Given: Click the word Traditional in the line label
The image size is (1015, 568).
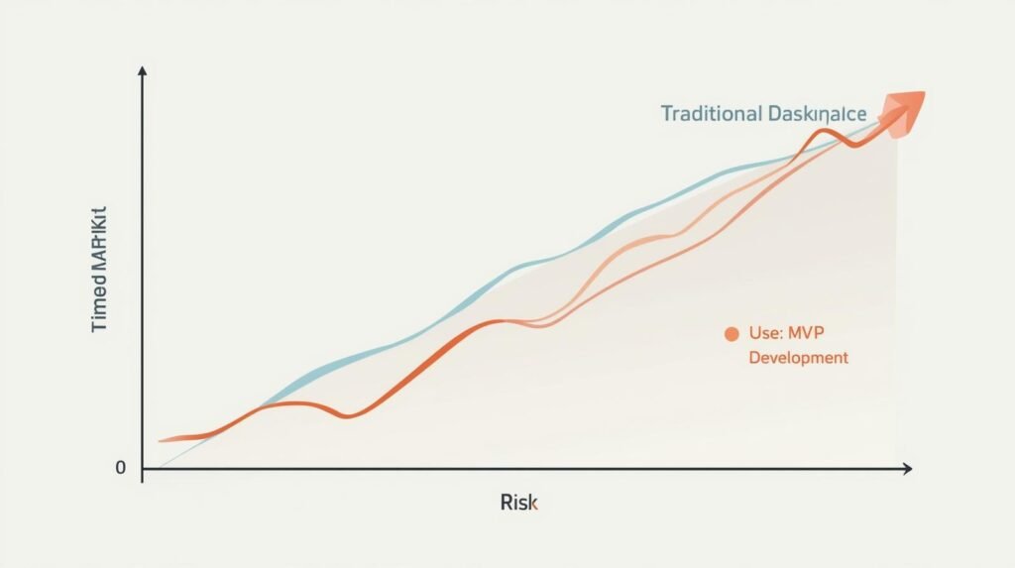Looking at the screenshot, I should coord(711,113).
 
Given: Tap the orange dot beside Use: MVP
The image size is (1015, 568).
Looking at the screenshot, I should coord(732,334).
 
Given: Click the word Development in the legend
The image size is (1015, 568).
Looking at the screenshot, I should coord(798,357).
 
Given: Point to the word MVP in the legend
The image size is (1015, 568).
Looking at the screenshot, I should coord(821,334).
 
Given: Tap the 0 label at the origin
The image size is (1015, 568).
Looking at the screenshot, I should coord(121,468).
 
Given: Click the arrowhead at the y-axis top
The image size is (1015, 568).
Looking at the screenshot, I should coord(143,71).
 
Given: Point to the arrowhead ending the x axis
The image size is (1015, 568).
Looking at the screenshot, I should coord(906,468).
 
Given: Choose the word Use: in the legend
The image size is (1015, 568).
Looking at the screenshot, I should coord(767,334).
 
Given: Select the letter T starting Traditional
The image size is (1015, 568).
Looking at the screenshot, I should coord(667,113).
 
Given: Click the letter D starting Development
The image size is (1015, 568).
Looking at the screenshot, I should coord(754,357).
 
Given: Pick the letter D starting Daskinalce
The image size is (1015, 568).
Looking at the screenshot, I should coord(773,113).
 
